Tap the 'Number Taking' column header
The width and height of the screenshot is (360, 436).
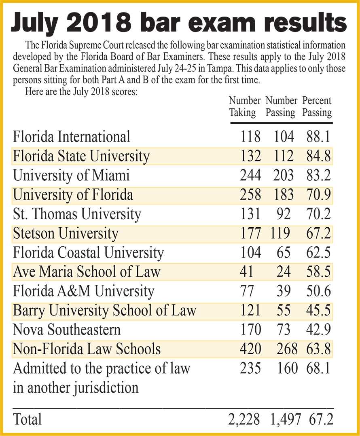click(x=245, y=106)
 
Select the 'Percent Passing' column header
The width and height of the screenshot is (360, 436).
click(x=317, y=106)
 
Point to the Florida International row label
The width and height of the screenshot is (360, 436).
click(x=72, y=137)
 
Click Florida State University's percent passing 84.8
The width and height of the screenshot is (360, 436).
click(x=319, y=156)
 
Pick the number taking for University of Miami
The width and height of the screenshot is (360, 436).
click(x=250, y=175)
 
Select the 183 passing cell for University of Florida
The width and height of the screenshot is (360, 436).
click(x=283, y=195)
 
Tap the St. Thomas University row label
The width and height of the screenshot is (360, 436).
click(x=77, y=214)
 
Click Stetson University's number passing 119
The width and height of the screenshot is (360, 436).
click(x=280, y=233)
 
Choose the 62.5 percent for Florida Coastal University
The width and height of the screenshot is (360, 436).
click(x=319, y=252)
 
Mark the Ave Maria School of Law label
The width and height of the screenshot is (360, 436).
click(x=87, y=272)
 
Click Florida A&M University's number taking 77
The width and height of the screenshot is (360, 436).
click(x=247, y=291)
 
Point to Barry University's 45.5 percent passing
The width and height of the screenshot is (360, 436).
click(x=319, y=310)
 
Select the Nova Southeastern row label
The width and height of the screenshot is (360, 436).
click(x=67, y=330)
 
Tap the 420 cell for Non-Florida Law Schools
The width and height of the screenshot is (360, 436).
click(x=250, y=349)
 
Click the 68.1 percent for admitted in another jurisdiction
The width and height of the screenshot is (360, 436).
click(x=319, y=368)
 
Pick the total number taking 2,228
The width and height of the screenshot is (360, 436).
click(x=244, y=419)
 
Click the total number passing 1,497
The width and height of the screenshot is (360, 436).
click(x=285, y=419)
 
